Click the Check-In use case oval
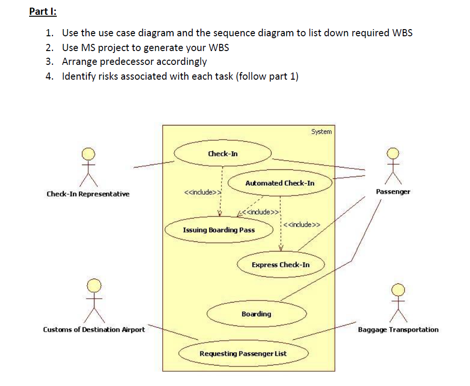coord(223,153)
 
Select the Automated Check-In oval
coord(280,183)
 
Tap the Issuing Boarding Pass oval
coord(219,230)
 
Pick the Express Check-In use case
coord(281,265)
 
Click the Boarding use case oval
coord(257,314)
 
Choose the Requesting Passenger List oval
coord(243,354)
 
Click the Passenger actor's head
coord(393,154)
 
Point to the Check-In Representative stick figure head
coord(88,154)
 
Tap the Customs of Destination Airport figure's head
coord(94,286)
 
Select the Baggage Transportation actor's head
coord(398,290)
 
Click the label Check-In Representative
coord(88,194)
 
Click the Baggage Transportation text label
coord(398,330)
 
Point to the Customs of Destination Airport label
coord(94,330)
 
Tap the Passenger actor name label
coord(393,192)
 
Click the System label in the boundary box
coord(321,132)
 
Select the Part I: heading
coord(43,11)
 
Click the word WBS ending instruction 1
coord(402,32)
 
